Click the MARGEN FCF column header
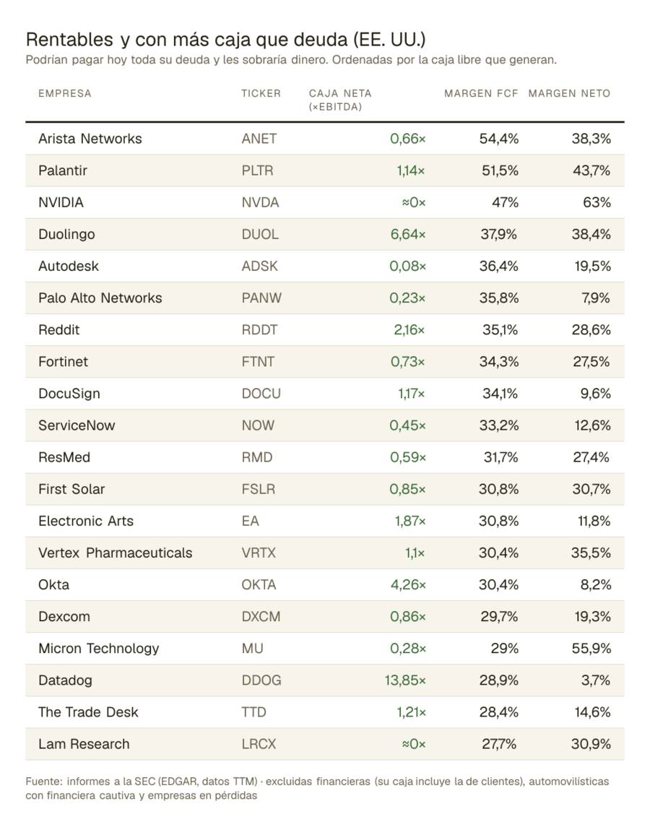pos(481,93)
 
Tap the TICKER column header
pos(261,93)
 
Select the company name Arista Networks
pos(90,139)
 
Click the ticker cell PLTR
pos(257,170)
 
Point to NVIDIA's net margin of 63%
pos(597,202)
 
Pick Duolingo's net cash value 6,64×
pos(408,234)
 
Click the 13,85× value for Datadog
pos(405,680)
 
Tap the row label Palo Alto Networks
pos(100,298)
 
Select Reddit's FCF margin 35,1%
pos(500,330)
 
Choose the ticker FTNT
pos(258,362)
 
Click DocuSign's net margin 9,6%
pos(595,394)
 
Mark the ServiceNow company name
pos(77,425)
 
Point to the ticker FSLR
pos(259,489)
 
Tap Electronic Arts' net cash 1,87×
pos(410,521)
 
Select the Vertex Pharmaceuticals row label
pos(116,553)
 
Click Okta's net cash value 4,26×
pos(408,584)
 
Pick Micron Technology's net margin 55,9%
pos(591,649)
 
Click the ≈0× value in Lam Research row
pos(414,744)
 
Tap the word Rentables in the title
pos(70,39)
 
